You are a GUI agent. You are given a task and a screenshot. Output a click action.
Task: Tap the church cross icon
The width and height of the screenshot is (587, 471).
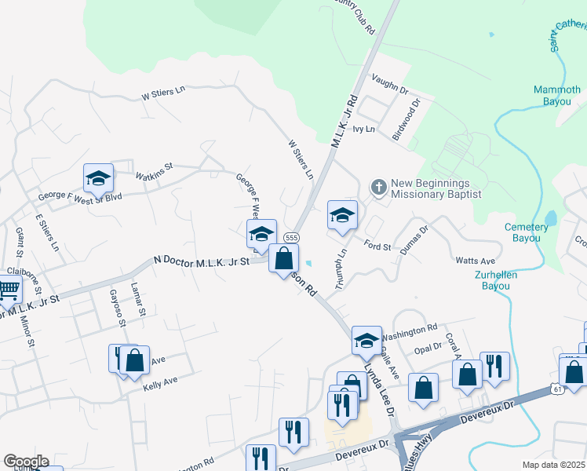click(x=378, y=186)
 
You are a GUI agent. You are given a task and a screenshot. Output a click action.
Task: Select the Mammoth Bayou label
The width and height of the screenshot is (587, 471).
click(x=557, y=95)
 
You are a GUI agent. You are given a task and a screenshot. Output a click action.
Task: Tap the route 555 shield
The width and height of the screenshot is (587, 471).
click(x=291, y=237)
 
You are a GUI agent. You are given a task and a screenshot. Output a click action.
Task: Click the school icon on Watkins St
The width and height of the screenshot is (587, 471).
click(x=99, y=178)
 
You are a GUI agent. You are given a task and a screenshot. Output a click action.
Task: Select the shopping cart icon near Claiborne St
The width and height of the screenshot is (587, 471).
click(x=9, y=290)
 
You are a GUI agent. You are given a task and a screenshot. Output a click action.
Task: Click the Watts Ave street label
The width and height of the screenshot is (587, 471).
click(x=476, y=261)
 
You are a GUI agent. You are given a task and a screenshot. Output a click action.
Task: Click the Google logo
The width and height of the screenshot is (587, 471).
click(x=25, y=462)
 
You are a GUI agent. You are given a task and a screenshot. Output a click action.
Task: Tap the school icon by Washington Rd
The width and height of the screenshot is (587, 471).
click(x=366, y=340)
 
